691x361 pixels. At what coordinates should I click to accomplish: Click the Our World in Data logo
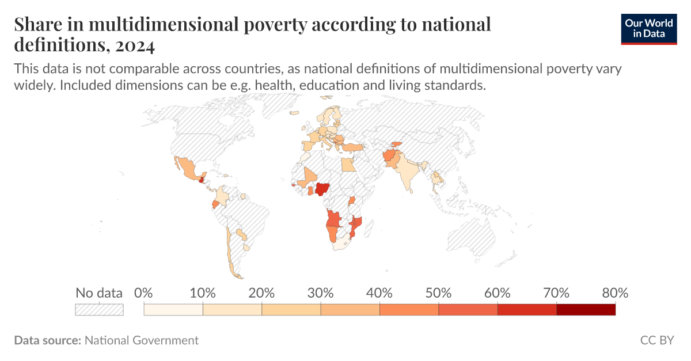649,28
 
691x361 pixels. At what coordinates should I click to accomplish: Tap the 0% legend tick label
143,292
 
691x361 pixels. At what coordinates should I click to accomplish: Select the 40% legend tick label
379,292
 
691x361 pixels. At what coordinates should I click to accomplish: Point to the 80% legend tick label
614,292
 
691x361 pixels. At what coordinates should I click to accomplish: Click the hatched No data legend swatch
99,310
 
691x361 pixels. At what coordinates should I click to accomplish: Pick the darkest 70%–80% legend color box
586,310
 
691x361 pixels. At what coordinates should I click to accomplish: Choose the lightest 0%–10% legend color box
173,310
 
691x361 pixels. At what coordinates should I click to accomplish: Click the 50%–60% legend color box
468,310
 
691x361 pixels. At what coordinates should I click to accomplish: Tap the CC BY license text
656,340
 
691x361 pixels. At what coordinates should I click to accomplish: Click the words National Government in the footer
142,340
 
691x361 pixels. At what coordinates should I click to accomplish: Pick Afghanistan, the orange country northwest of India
390,156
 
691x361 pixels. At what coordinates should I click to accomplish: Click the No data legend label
99,292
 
